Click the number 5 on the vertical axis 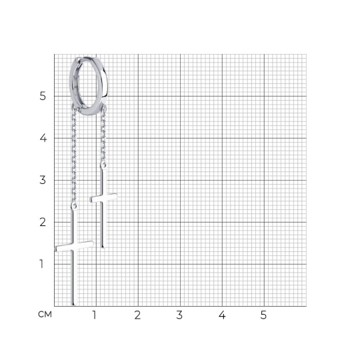[43, 96]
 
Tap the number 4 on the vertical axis [43, 138]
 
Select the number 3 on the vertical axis [43, 180]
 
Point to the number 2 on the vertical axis [43, 222]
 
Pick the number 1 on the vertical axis [41, 264]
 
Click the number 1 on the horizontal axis [94, 315]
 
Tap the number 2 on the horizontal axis [137, 315]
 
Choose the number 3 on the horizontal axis [179, 315]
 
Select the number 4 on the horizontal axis [222, 315]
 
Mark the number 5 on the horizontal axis [263, 315]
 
